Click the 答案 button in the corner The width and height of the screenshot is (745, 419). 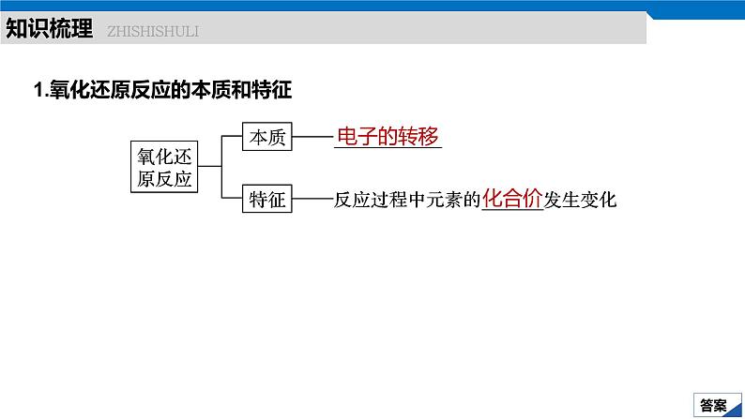coord(714,405)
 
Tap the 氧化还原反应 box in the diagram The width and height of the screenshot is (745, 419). coord(164,167)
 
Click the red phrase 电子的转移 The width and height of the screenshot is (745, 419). coord(388,137)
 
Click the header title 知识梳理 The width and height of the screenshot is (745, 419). coord(49,29)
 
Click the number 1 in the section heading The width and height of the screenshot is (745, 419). coord(38,90)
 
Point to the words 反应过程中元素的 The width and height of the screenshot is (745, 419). coord(406,199)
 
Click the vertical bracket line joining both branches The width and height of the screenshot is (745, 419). coord(221,168)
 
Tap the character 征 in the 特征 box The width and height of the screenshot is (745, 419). coord(277,199)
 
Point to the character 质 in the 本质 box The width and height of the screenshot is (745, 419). coord(277,138)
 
